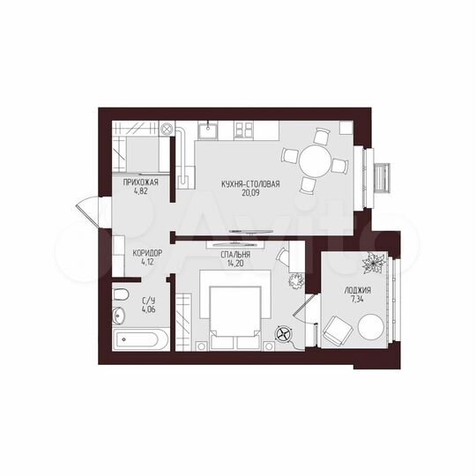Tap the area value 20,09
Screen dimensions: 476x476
[x=251, y=194]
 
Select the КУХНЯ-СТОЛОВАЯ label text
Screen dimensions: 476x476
[x=251, y=183]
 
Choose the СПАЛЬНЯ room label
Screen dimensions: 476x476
[x=234, y=253]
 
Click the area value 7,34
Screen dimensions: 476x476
[x=358, y=301]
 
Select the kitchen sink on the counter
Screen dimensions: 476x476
[x=211, y=131]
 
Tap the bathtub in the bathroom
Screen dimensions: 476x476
[x=141, y=337]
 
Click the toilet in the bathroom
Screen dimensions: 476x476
[x=123, y=293]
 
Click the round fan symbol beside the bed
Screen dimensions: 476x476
[x=283, y=335]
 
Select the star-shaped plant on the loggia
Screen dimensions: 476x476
[x=371, y=263]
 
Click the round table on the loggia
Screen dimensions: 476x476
[x=370, y=328]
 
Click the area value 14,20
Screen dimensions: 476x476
[x=234, y=263]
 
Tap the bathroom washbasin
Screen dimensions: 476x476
[x=121, y=314]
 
